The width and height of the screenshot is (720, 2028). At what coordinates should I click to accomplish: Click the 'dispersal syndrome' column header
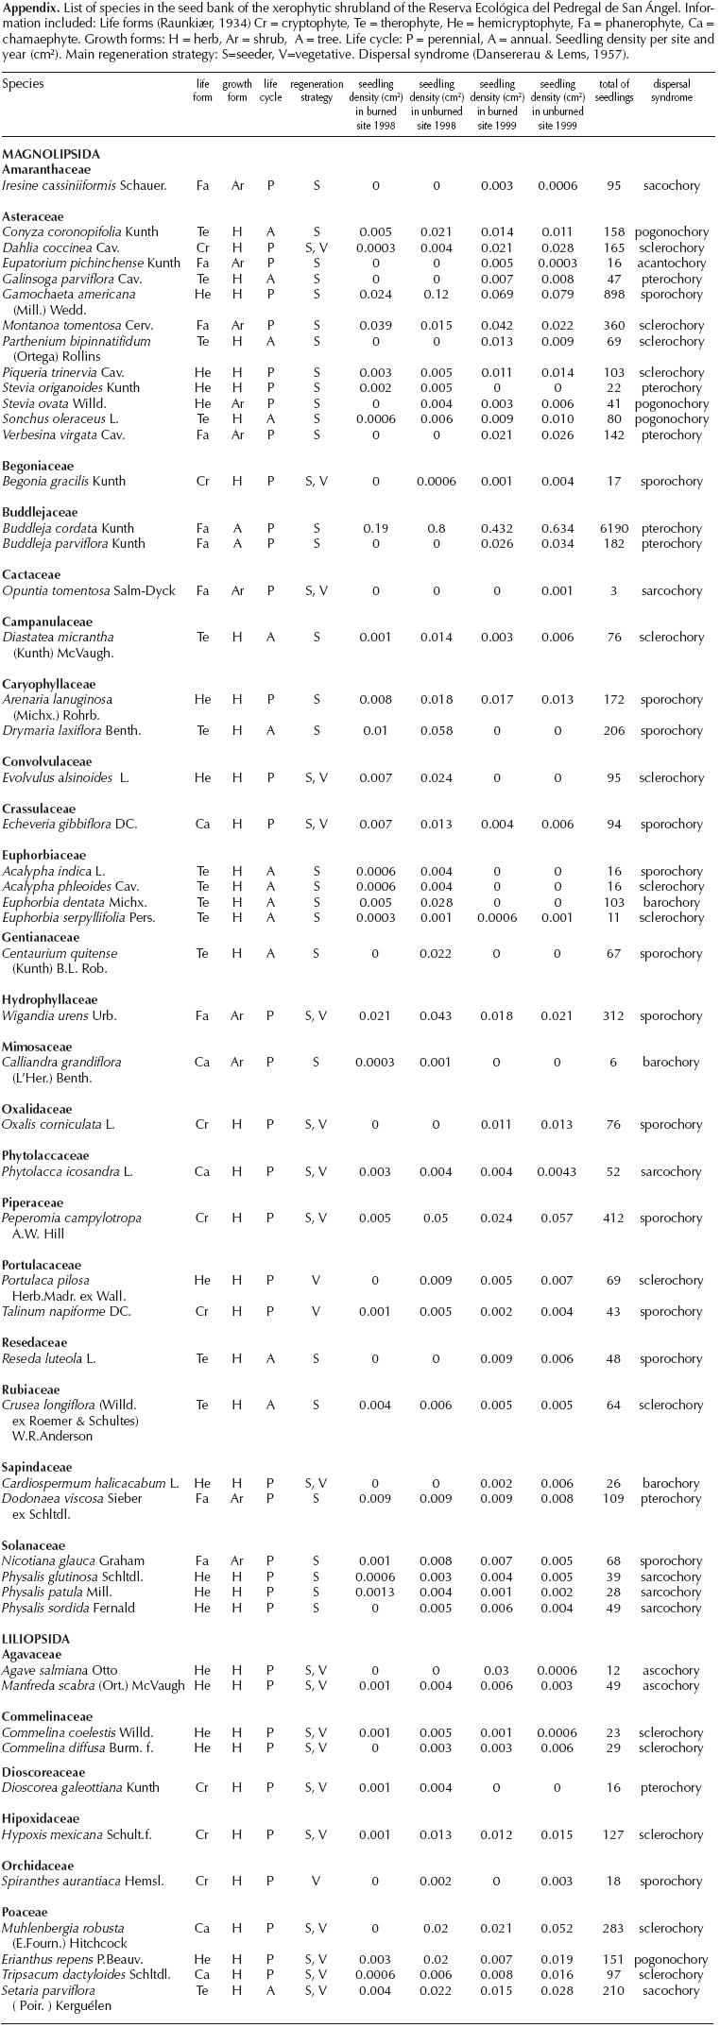point(672,91)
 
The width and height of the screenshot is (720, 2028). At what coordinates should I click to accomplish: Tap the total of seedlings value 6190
point(613,528)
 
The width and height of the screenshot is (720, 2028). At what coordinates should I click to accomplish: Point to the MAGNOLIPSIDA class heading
point(51,154)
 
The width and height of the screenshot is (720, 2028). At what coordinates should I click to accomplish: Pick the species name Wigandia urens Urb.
point(59,1015)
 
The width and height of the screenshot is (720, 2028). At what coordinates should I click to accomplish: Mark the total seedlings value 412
point(613,1218)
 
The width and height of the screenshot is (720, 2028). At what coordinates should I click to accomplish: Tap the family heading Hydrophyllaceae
point(50,999)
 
